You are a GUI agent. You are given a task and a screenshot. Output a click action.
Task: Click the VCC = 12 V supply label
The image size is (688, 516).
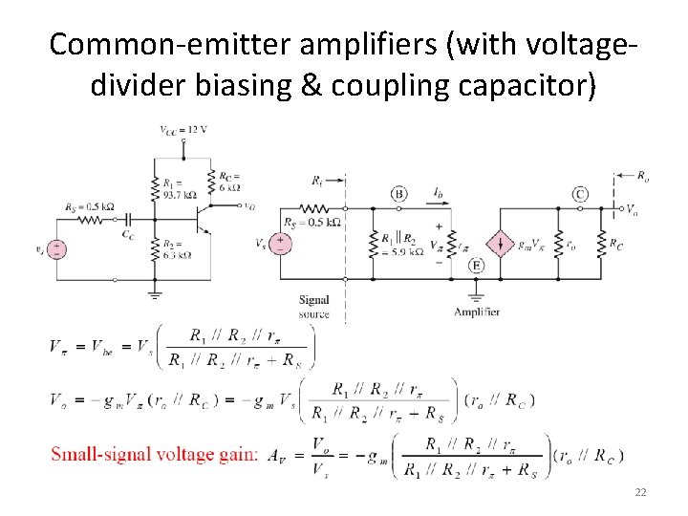[183, 128]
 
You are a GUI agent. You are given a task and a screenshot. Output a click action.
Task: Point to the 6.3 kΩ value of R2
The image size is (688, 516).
[178, 255]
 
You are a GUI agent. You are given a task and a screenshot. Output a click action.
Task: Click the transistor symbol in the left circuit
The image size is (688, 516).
[204, 219]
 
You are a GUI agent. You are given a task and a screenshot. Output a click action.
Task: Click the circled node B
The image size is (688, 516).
[398, 194]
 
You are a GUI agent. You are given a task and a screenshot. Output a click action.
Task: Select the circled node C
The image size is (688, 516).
[580, 194]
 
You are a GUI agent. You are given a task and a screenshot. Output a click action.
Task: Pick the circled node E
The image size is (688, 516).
[477, 266]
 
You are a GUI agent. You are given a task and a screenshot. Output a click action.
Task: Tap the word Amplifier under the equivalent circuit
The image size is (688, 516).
[476, 312]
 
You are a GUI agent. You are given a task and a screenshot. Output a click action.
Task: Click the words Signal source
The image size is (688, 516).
[313, 307]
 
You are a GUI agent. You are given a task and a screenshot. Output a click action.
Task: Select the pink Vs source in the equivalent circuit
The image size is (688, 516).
[282, 243]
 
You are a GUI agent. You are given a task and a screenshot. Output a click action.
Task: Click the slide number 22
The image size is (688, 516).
[639, 492]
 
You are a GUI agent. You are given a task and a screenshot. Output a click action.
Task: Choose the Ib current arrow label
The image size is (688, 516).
[438, 193]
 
